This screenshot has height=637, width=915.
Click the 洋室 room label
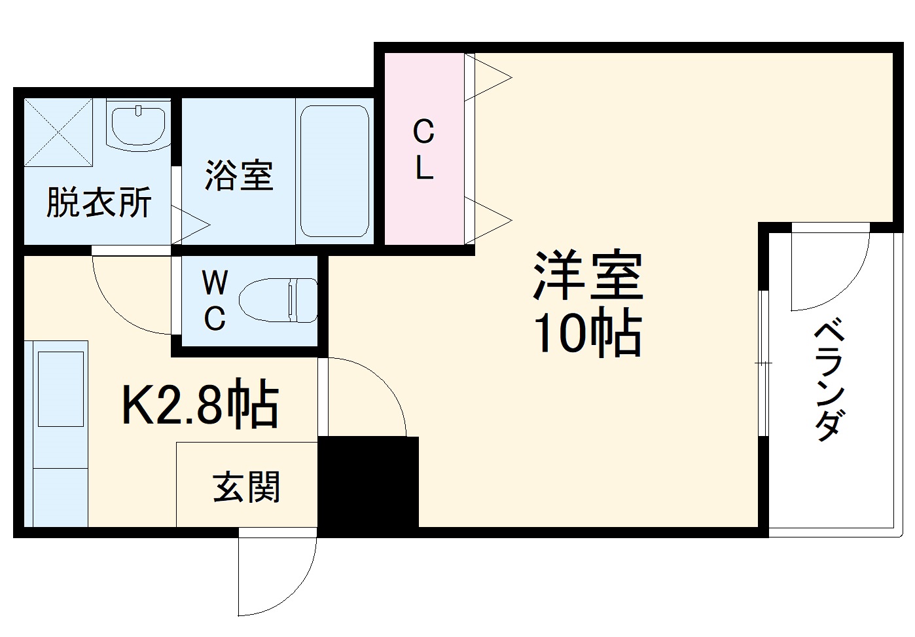(x=588, y=276)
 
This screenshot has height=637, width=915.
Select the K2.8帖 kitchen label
(x=200, y=405)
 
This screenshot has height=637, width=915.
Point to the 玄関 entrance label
(x=246, y=487)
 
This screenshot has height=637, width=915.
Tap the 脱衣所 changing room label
(x=98, y=202)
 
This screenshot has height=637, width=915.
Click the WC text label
(x=215, y=301)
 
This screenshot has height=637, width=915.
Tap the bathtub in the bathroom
(x=334, y=171)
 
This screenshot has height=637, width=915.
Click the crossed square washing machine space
(x=58, y=132)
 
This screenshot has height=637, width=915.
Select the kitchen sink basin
(x=61, y=389)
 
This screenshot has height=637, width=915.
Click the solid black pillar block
(x=368, y=485)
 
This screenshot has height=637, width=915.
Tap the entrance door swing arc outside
(x=278, y=576)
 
